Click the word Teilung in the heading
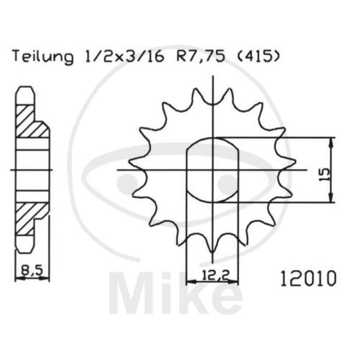click(x=43, y=57)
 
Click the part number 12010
click(x=308, y=279)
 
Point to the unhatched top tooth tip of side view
click(x=25, y=93)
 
